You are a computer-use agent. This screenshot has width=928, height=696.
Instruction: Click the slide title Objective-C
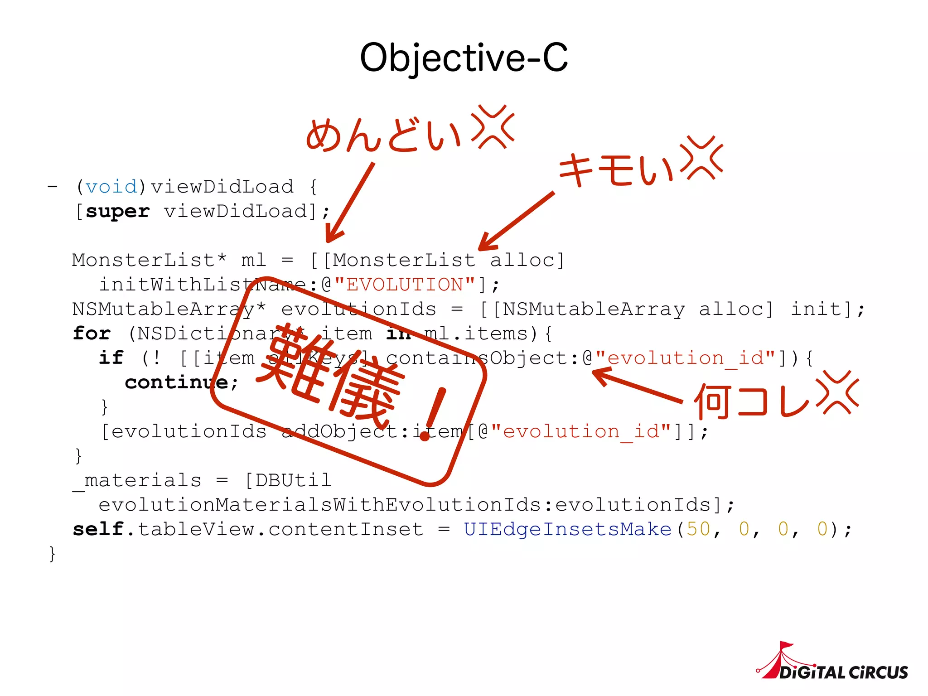[x=464, y=58]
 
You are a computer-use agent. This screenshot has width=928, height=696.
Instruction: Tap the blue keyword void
[x=111, y=187]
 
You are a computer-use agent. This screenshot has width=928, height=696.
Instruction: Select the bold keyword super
[x=117, y=211]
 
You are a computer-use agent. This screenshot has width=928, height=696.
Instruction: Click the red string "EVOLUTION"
[x=405, y=285]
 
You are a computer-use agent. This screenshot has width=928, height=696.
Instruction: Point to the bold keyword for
[x=92, y=333]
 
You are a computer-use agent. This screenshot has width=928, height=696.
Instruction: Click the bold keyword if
[x=111, y=358]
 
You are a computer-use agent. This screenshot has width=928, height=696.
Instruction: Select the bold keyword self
[x=98, y=529]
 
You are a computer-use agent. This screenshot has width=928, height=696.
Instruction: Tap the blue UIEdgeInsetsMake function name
[x=567, y=529]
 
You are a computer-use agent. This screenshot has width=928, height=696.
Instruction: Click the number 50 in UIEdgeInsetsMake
[x=698, y=529]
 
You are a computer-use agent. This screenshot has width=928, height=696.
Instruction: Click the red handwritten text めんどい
[x=383, y=135]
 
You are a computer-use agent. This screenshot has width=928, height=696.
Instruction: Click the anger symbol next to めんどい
[x=493, y=127]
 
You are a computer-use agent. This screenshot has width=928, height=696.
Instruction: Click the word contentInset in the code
[x=346, y=529]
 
